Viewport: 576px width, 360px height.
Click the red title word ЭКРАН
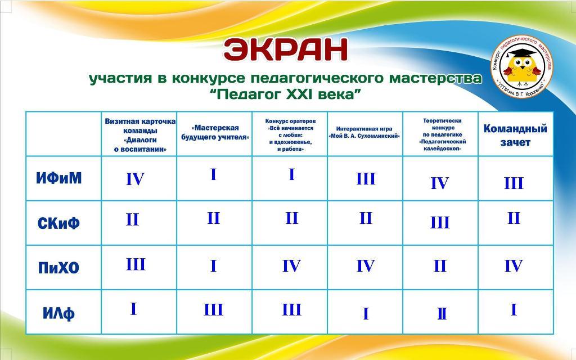click(285, 49)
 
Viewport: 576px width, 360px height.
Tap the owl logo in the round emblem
click(521, 66)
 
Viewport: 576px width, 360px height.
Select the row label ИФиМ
click(58, 178)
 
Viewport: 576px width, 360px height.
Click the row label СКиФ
click(58, 223)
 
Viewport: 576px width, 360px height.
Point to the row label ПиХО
click(58, 268)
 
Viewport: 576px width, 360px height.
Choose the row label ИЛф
click(58, 313)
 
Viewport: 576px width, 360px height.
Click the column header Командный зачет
click(515, 135)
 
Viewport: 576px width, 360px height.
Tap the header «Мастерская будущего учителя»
click(215, 133)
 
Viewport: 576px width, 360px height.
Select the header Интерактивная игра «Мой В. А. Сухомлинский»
click(364, 133)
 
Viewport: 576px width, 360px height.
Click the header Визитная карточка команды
click(140, 135)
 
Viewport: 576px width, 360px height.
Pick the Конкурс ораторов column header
click(290, 135)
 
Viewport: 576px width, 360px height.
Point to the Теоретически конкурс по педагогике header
click(442, 135)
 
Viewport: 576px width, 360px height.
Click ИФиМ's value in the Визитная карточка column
click(135, 179)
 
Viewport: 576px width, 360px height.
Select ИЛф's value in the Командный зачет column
click(514, 310)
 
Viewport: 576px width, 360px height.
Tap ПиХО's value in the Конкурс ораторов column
click(291, 266)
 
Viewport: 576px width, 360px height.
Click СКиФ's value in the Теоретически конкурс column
click(440, 222)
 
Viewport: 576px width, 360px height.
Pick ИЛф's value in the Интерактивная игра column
click(366, 314)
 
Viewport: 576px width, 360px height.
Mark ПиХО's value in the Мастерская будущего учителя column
click(213, 266)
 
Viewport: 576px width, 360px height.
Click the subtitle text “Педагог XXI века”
click(285, 94)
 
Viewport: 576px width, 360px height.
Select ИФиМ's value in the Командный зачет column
click(514, 183)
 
